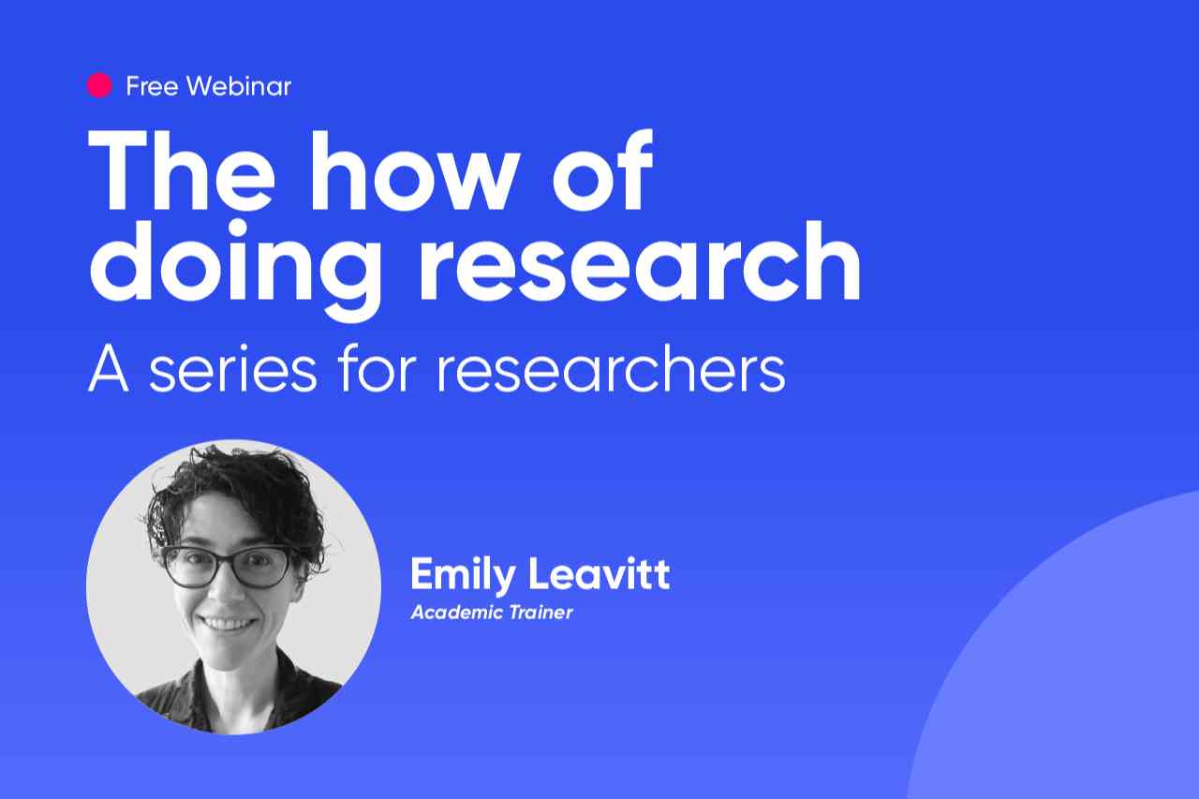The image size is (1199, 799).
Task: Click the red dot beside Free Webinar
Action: coord(99,85)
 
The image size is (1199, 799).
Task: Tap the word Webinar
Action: coord(239,86)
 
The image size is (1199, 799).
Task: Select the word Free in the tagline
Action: coord(152,86)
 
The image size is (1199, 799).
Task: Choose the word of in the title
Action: coord(603,170)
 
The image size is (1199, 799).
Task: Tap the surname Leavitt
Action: coord(599,573)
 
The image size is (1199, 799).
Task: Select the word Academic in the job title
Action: coord(449,613)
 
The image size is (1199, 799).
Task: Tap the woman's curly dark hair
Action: coord(235,497)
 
